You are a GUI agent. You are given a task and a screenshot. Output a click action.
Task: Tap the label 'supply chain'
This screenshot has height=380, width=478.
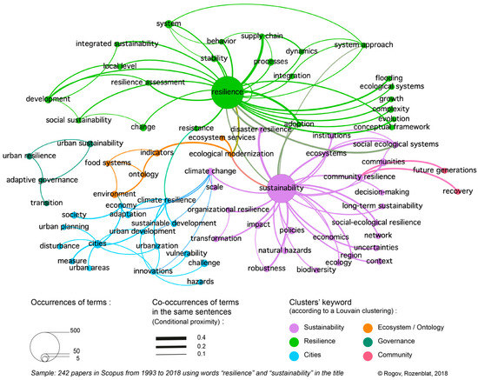pos(262,36)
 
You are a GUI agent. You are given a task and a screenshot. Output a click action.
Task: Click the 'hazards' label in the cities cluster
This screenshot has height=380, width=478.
pos(200,282)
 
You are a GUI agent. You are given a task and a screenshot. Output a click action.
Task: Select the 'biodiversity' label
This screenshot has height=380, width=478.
pos(315,270)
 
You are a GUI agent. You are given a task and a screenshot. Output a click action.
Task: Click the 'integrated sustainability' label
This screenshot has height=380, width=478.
pos(117,43)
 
